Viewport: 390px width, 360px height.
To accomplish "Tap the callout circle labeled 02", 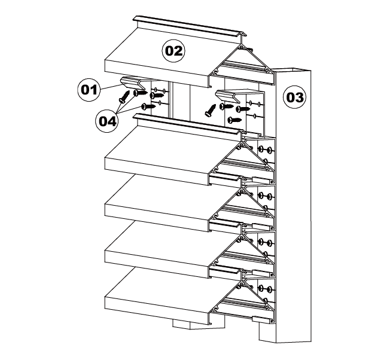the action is click(x=173, y=51).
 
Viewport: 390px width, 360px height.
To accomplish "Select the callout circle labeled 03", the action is click(x=295, y=97).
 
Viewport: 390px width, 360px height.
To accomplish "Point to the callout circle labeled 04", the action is click(x=107, y=121).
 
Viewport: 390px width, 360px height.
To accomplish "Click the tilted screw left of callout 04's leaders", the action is click(x=124, y=97).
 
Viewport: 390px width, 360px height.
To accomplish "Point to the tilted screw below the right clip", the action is click(x=211, y=111).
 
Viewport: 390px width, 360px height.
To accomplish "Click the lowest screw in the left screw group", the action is click(x=148, y=106).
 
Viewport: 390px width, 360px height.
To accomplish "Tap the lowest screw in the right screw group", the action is click(x=234, y=120).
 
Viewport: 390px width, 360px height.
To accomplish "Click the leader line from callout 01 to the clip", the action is click(x=111, y=87).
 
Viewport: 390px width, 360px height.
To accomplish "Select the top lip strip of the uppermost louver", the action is click(x=190, y=26).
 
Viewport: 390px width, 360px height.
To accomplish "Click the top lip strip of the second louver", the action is click(x=188, y=124).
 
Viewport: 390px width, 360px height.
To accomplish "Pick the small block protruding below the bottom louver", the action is click(x=182, y=324).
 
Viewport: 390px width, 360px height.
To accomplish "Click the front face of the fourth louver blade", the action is click(x=157, y=264).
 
